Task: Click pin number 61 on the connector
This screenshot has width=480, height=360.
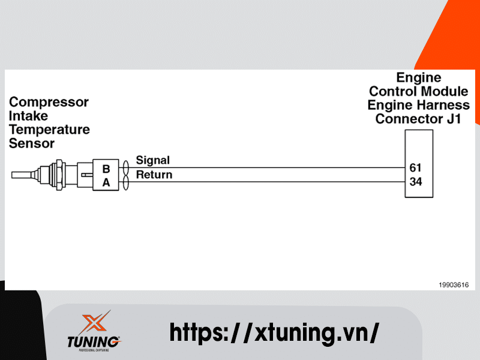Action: (415, 167)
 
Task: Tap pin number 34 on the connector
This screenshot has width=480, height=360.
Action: (415, 181)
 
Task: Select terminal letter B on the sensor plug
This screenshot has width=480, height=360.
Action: (106, 169)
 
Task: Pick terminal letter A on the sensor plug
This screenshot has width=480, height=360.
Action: (106, 183)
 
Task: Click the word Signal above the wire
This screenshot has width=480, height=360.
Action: (153, 160)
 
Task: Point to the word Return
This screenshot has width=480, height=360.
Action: (154, 175)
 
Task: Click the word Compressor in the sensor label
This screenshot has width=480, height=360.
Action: (49, 102)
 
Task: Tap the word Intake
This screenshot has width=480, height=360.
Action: (28, 116)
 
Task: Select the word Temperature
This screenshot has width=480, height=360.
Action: (49, 130)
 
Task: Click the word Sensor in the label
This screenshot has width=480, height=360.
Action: (31, 143)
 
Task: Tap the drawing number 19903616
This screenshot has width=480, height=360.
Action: (453, 285)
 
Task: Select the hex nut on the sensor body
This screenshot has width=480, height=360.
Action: (59, 175)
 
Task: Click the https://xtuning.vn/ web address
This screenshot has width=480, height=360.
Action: (274, 332)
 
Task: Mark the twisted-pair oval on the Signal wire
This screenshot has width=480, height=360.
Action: (126, 167)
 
